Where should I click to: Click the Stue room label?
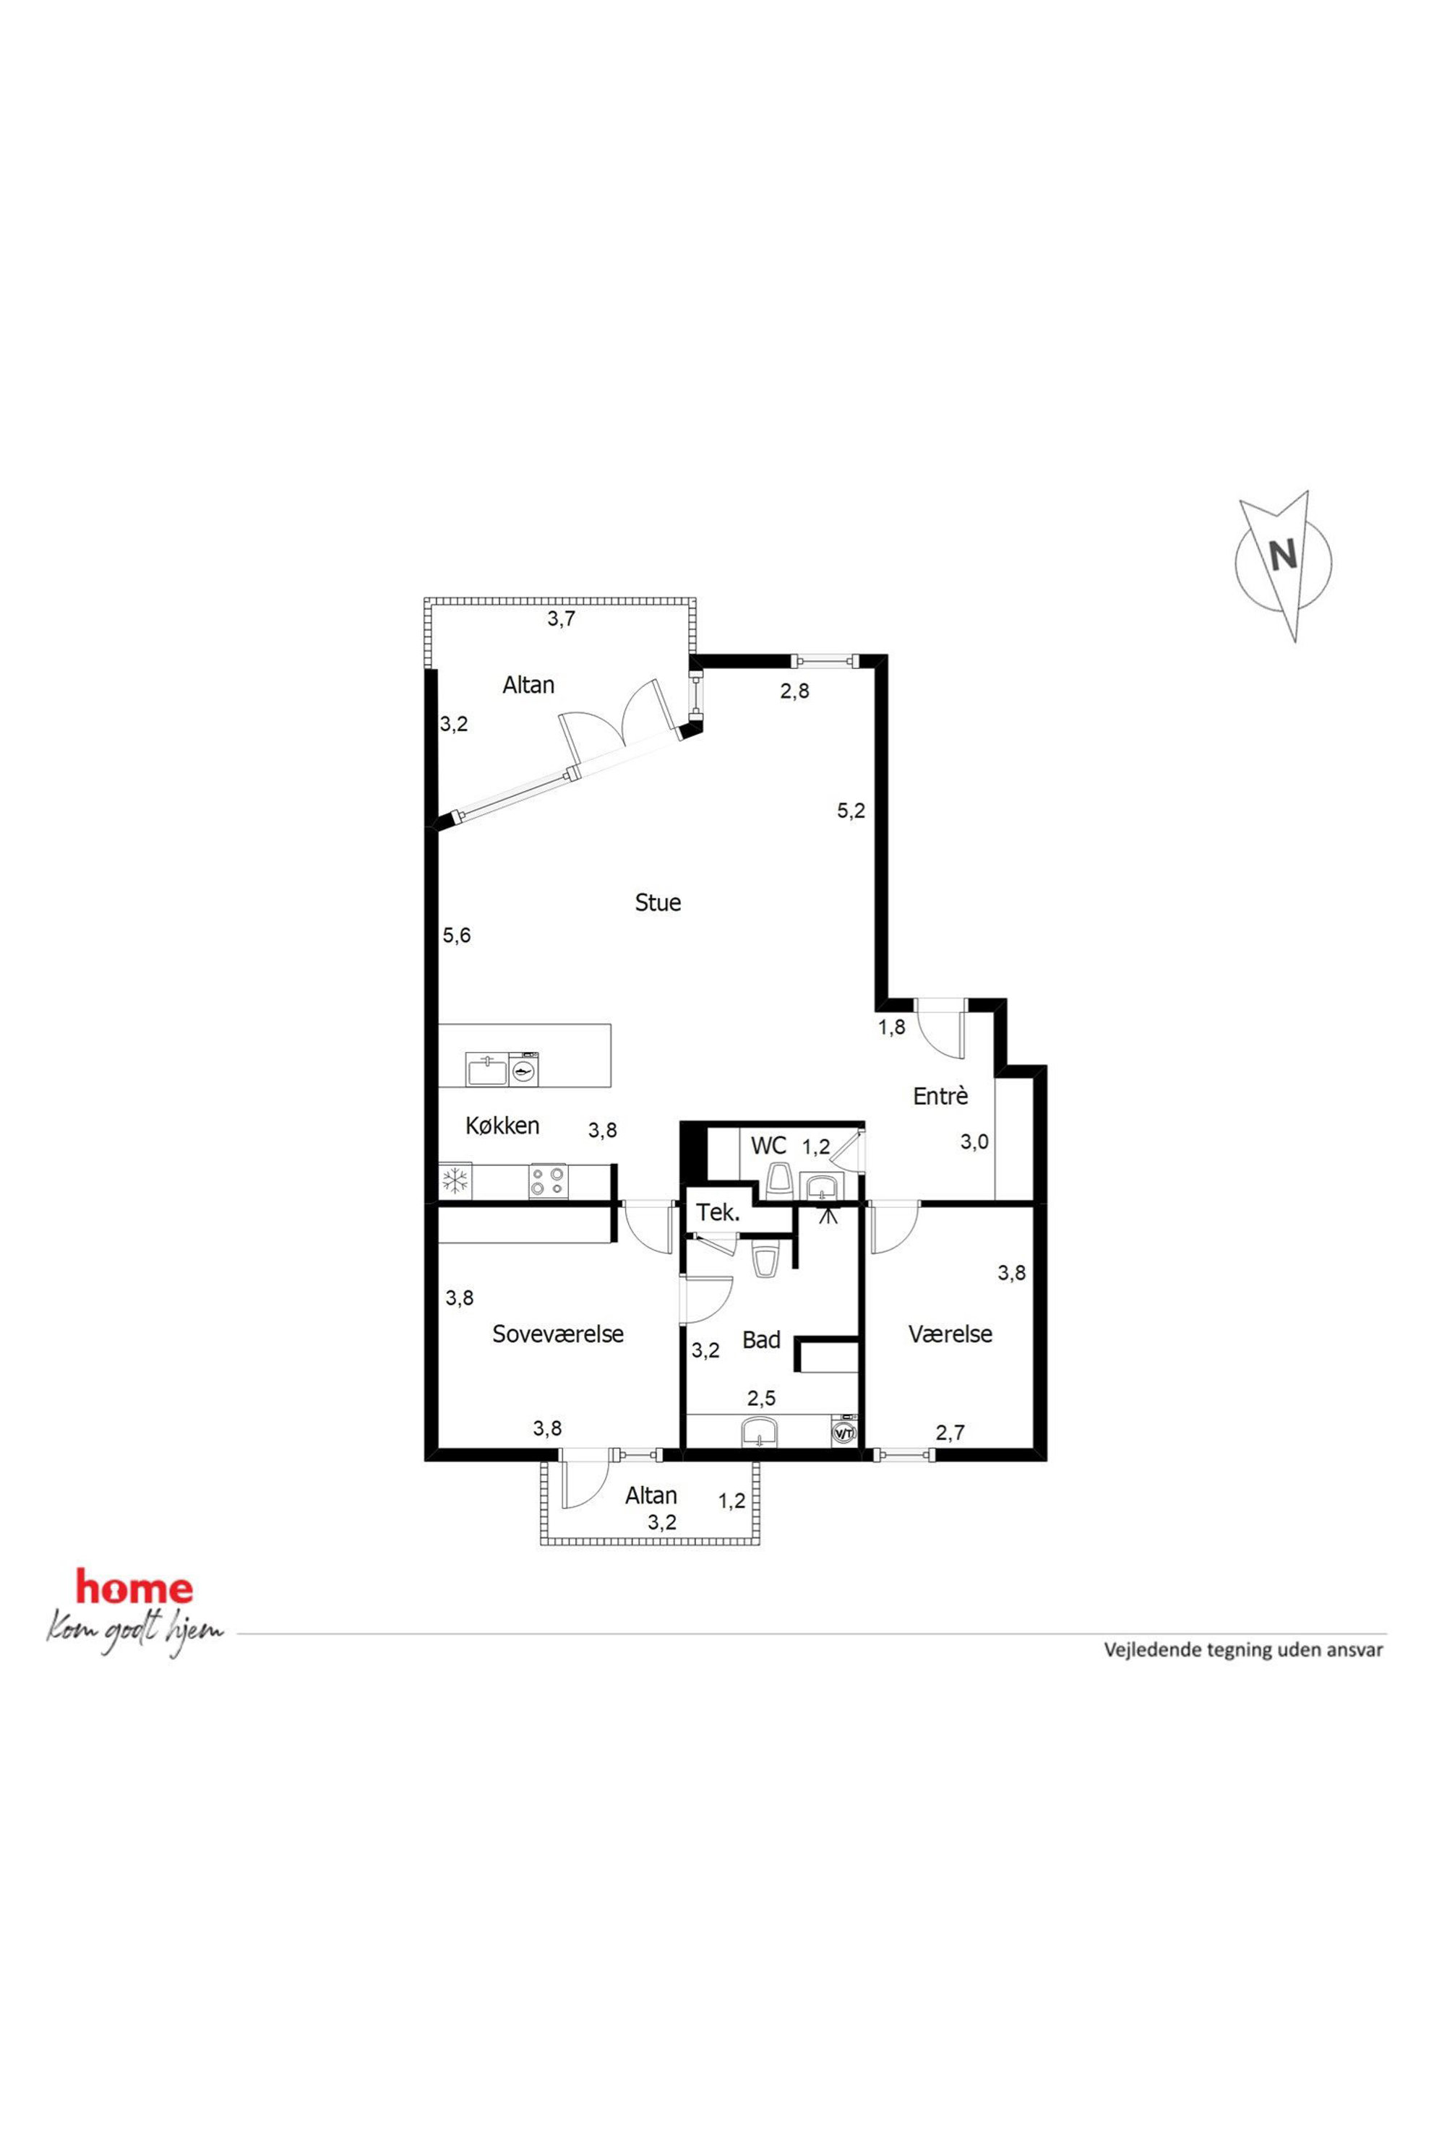[658, 903]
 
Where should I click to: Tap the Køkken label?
[502, 1126]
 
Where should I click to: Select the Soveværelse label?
[558, 1334]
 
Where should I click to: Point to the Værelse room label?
[950, 1334]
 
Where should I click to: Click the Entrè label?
[940, 1096]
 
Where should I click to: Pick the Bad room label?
[761, 1340]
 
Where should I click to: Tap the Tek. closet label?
[718, 1213]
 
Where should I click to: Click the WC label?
[768, 1144]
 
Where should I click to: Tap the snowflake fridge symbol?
[455, 1180]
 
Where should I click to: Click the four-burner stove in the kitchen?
[547, 1180]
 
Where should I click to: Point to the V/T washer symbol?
[842, 1433]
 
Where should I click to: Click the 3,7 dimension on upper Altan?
[562, 619]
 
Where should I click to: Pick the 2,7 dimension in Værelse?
[950, 1433]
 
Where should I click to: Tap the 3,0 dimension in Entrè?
[974, 1141]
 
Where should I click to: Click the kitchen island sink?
[486, 1068]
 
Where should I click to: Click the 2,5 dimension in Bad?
[761, 1398]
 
